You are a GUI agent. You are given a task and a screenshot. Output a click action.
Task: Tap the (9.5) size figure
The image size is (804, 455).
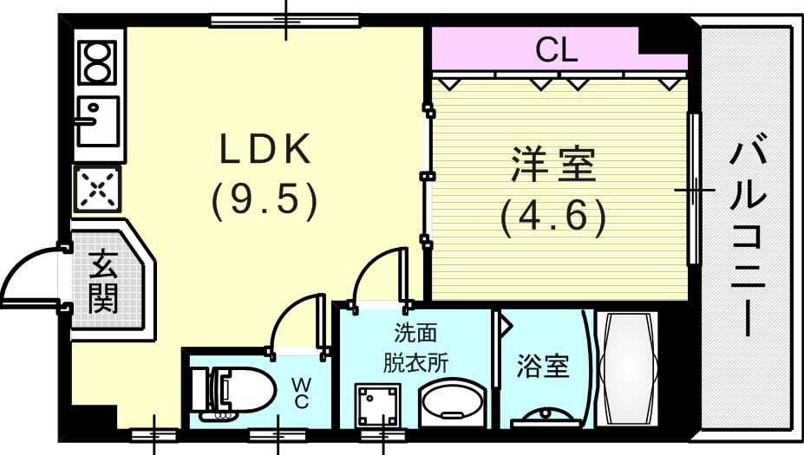pyautogui.click(x=265, y=201)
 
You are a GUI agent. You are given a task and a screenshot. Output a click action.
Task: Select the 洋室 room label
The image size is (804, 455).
pyautogui.click(x=553, y=166)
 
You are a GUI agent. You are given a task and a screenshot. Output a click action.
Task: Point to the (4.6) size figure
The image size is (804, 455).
pyautogui.click(x=552, y=218)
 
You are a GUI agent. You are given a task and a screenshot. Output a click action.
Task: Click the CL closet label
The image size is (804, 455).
pyautogui.click(x=556, y=50)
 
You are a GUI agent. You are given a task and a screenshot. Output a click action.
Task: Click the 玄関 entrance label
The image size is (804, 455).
pyautogui.click(x=103, y=280)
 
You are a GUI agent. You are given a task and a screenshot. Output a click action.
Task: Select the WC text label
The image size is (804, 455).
pyautogui.click(x=300, y=390)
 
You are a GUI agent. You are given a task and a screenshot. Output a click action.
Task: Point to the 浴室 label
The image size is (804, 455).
pyautogui.click(x=543, y=366)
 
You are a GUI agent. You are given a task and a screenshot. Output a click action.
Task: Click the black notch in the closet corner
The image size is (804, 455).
pyautogui.click(x=664, y=40)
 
